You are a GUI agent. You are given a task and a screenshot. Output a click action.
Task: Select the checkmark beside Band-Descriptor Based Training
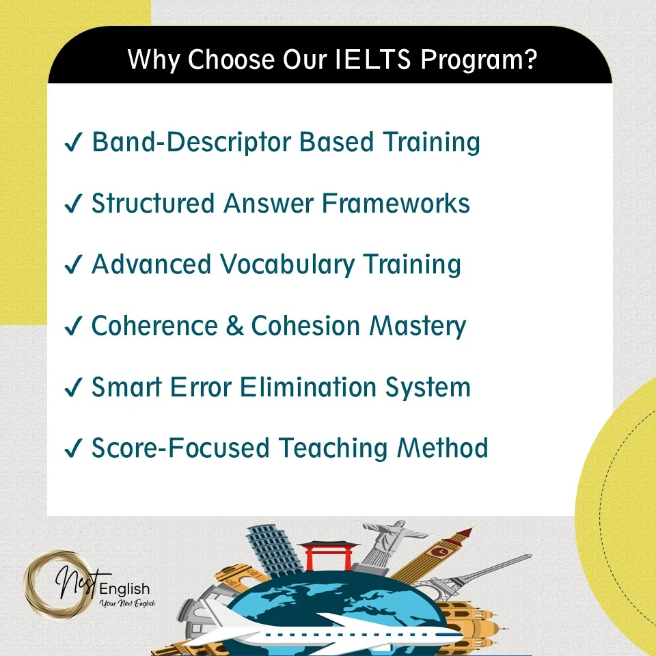coord(73,143)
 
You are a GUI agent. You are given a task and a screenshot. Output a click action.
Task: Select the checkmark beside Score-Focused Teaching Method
coord(73,450)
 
